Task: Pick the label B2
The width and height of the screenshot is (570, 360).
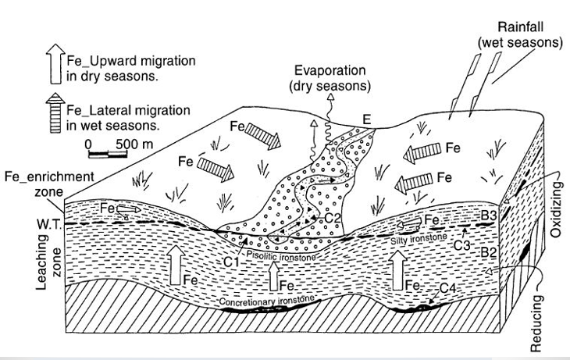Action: pyautogui.click(x=489, y=252)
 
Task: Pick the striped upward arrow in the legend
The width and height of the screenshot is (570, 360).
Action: pyautogui.click(x=57, y=115)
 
